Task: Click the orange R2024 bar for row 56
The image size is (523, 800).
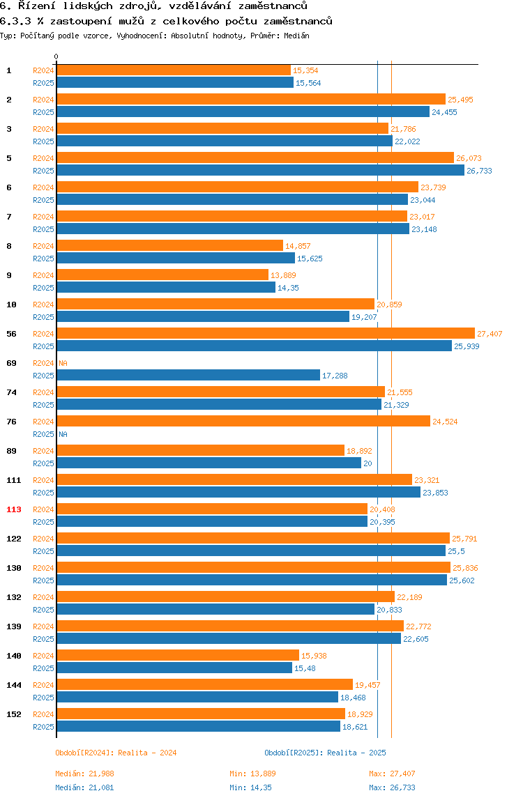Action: pos(265,334)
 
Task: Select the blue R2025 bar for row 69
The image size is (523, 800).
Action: pos(188,376)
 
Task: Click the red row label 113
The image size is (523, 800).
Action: pos(14,509)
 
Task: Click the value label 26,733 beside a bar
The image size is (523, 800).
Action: pos(479,171)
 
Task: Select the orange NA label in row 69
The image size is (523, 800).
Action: pos(63,363)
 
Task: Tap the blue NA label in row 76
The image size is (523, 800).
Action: pos(63,434)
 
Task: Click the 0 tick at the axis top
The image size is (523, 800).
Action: pos(56,56)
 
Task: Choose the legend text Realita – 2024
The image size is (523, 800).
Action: pos(147,753)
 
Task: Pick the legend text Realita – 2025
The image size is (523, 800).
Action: pos(356,753)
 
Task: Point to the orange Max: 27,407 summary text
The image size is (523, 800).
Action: pos(392,774)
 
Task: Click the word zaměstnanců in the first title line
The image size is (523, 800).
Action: pos(269,6)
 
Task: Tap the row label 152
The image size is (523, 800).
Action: pos(14,714)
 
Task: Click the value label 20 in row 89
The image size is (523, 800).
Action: pos(367,463)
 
